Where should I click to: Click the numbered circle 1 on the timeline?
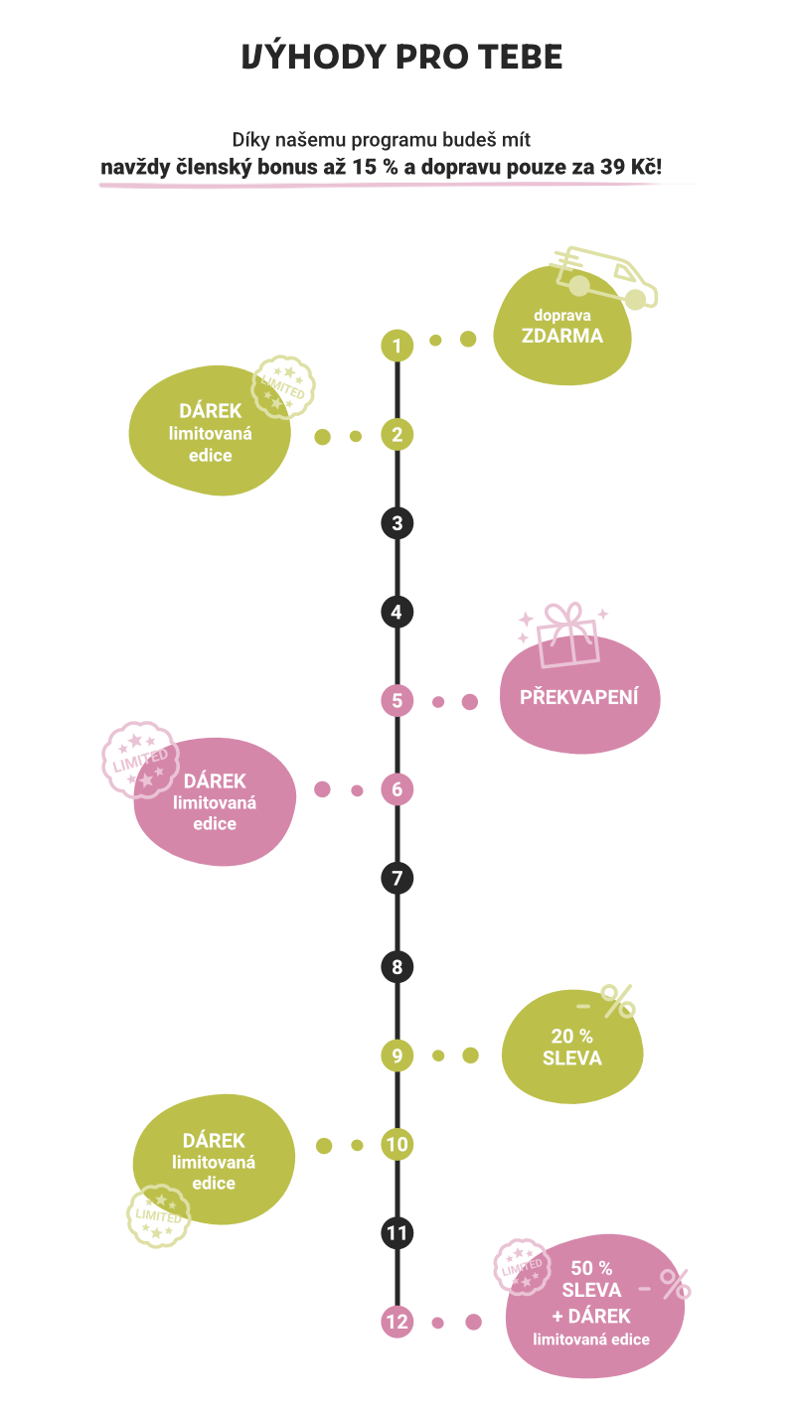pos(397,346)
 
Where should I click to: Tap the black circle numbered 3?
pos(397,523)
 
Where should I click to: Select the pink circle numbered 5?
pos(397,701)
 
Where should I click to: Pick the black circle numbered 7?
pos(397,878)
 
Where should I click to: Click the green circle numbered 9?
pos(397,1056)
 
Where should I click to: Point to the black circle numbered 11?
pos(397,1233)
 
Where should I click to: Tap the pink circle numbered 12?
pos(397,1322)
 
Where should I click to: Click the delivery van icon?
pos(605,277)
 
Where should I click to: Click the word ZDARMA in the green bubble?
pos(562,336)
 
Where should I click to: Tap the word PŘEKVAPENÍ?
pos(578,697)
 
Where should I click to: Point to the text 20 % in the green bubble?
pos(572,1036)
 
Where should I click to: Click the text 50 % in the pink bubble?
pos(591,1268)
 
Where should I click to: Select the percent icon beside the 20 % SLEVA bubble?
pos(616,1002)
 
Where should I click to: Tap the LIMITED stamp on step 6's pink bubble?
pos(140,760)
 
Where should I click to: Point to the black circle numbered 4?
pos(397,612)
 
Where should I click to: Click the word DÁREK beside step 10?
pos(214,1141)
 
